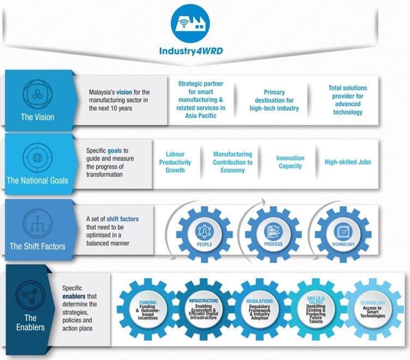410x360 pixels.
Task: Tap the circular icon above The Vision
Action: point(37,94)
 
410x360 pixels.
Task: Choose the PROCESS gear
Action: point(273,234)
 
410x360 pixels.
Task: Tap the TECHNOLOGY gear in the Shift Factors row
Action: point(342,234)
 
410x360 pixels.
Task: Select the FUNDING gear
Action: point(148,309)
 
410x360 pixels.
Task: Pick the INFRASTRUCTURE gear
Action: point(204,309)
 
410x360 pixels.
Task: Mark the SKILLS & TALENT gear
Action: point(316,309)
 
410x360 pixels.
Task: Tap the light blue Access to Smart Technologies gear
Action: point(372,309)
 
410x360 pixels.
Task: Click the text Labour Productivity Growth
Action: point(175,163)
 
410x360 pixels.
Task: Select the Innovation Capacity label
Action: point(290,162)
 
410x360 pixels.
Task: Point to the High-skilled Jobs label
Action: point(348,162)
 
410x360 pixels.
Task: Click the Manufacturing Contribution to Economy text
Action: point(232,162)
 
